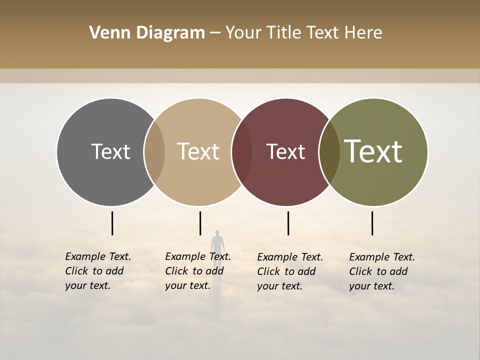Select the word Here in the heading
point(364,33)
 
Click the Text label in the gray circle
point(110,151)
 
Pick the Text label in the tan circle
point(198,151)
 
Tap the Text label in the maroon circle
point(285,151)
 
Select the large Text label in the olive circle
point(373,151)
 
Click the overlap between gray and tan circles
point(154,152)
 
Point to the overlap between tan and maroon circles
point(241,152)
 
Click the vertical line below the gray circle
point(112,223)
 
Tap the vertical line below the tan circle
point(200,223)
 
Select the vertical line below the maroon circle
point(288,223)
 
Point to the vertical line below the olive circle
point(372,223)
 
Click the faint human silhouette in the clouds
point(217,242)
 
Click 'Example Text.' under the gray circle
point(98,256)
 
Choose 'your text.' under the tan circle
point(187,285)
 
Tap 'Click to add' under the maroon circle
point(286,271)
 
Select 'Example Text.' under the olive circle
point(382,257)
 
